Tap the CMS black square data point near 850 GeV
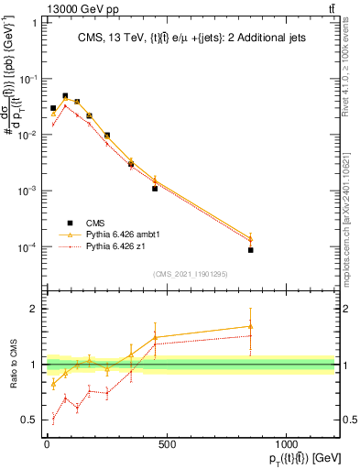point(250,250)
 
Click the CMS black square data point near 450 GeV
point(155,189)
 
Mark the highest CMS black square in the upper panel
point(65,96)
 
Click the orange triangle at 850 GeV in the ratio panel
point(250,326)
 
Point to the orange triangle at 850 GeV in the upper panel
point(250,239)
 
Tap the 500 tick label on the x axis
point(167,444)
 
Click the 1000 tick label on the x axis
point(287,444)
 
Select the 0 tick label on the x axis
point(47,444)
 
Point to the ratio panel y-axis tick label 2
point(34,309)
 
